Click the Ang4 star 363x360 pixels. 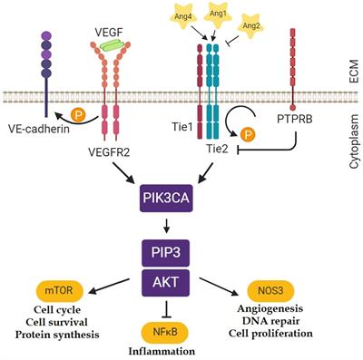point(183,16)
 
